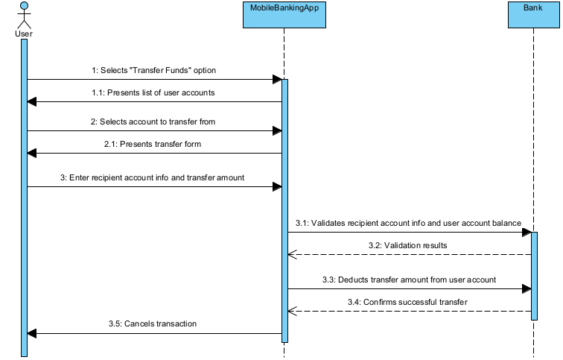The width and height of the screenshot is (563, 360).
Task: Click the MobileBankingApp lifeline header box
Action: [x=284, y=14]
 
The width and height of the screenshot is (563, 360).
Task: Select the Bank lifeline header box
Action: [x=533, y=14]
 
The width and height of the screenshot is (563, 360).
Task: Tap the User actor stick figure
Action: [x=24, y=15]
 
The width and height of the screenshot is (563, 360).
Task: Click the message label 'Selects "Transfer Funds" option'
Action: [x=154, y=70]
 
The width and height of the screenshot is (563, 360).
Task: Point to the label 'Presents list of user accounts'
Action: [x=154, y=93]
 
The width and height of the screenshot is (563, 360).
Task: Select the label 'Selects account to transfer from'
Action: [x=154, y=121]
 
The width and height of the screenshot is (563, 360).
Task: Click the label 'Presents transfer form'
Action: [x=154, y=144]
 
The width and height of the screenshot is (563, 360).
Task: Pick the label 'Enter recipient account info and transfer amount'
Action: [x=153, y=177]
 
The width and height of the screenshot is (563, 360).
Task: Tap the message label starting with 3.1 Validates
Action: [x=407, y=223]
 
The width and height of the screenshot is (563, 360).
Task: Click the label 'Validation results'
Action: [x=407, y=245]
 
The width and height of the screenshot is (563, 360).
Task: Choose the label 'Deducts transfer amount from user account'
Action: [x=407, y=279]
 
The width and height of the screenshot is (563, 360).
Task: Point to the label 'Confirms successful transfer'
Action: [x=407, y=301]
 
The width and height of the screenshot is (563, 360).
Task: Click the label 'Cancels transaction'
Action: [x=154, y=324]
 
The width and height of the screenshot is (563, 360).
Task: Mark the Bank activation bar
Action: [x=533, y=276]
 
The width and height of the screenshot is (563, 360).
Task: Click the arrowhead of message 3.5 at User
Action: [x=32, y=334]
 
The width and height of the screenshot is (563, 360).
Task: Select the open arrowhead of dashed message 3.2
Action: [x=293, y=255]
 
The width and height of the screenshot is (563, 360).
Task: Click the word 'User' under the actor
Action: [x=24, y=34]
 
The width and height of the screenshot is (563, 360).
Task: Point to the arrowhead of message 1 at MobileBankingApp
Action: [x=277, y=80]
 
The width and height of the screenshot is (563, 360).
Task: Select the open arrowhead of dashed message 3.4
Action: [x=293, y=311]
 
